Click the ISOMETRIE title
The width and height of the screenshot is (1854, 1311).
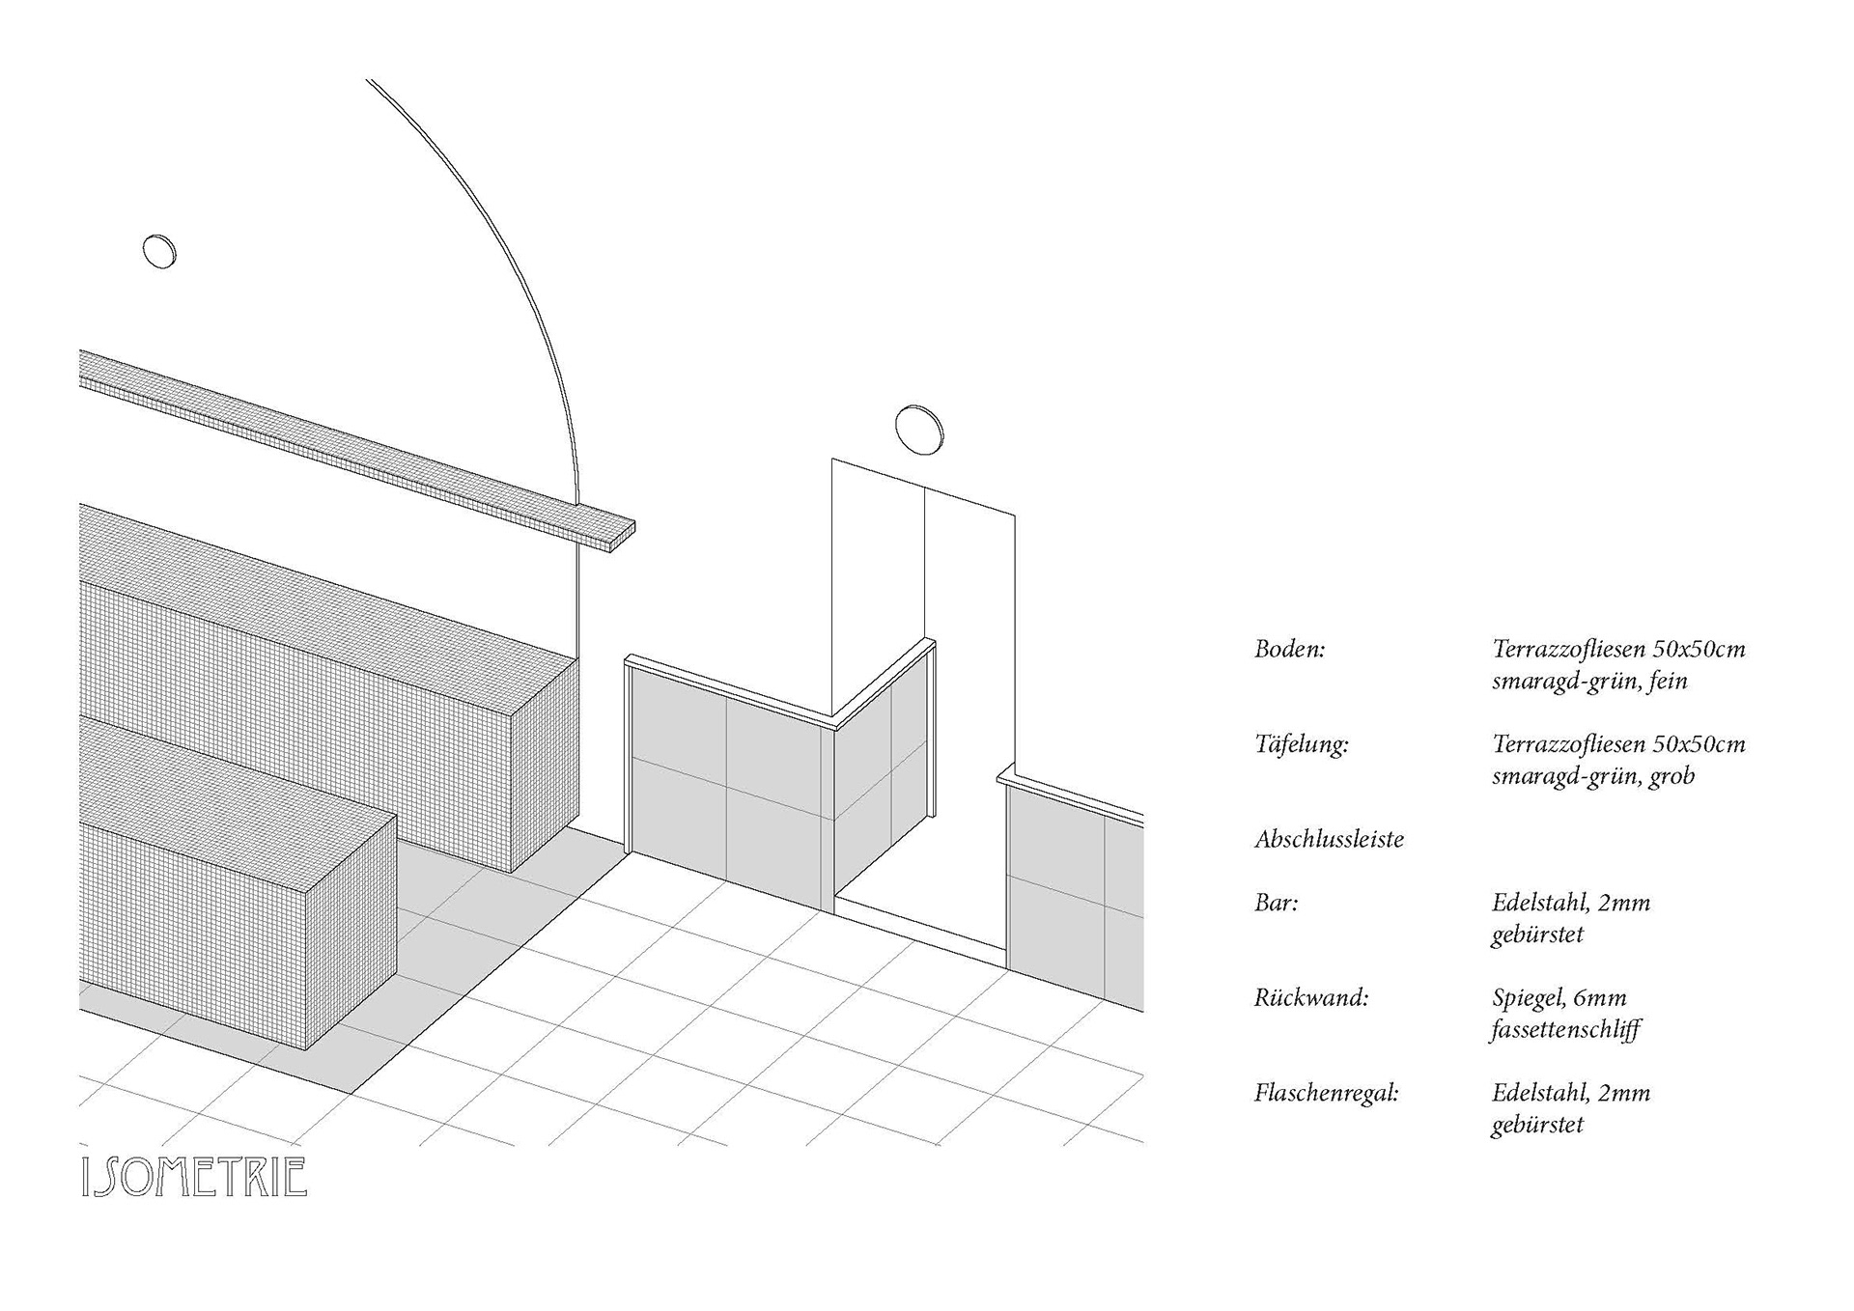(194, 1177)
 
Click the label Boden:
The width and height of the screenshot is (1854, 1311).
(1289, 649)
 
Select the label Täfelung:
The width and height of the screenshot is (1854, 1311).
(1301, 744)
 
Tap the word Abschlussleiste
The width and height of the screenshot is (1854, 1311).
(1329, 839)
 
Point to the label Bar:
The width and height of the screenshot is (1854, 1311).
(1276, 903)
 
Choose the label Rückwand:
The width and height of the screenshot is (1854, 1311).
(1310, 997)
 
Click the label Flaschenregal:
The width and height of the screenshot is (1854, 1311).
(1326, 1093)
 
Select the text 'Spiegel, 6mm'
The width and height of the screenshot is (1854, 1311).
(1559, 998)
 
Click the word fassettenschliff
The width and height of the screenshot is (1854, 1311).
(1565, 1030)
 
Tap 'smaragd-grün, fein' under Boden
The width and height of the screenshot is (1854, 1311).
(1589, 681)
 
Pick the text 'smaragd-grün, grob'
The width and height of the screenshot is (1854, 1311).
(1593, 776)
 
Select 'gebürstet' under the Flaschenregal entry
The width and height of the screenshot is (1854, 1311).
(1537, 1125)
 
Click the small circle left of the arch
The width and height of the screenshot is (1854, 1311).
(159, 251)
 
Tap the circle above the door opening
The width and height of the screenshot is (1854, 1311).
(918, 428)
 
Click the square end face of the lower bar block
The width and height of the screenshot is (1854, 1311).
(352, 932)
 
